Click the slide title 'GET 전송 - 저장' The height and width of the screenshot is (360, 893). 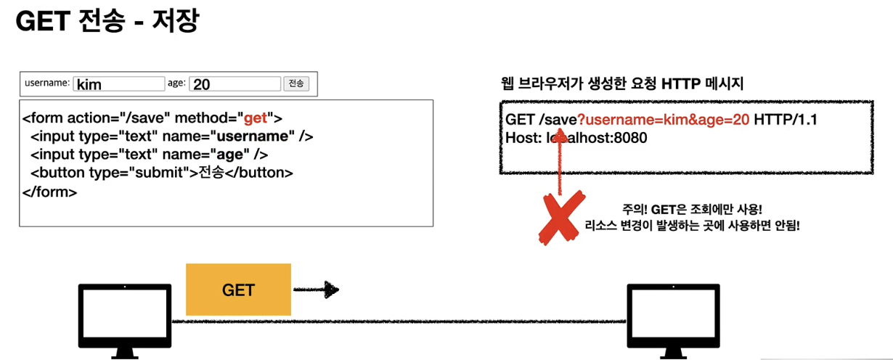pos(107,22)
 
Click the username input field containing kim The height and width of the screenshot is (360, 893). pos(120,84)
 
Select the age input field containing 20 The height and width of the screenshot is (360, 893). pos(235,84)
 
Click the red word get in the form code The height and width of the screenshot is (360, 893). pos(255,118)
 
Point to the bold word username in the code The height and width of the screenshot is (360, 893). pos(252,136)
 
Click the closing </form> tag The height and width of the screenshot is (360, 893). pos(49,192)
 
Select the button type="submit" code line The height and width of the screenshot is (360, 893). pos(161,173)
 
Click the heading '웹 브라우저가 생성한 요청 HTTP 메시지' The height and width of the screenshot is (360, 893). pos(622,83)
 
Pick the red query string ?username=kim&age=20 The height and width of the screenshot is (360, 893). pos(663,120)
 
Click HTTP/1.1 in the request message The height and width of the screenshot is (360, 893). pos(786,120)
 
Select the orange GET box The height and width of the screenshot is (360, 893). pos(238,290)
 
